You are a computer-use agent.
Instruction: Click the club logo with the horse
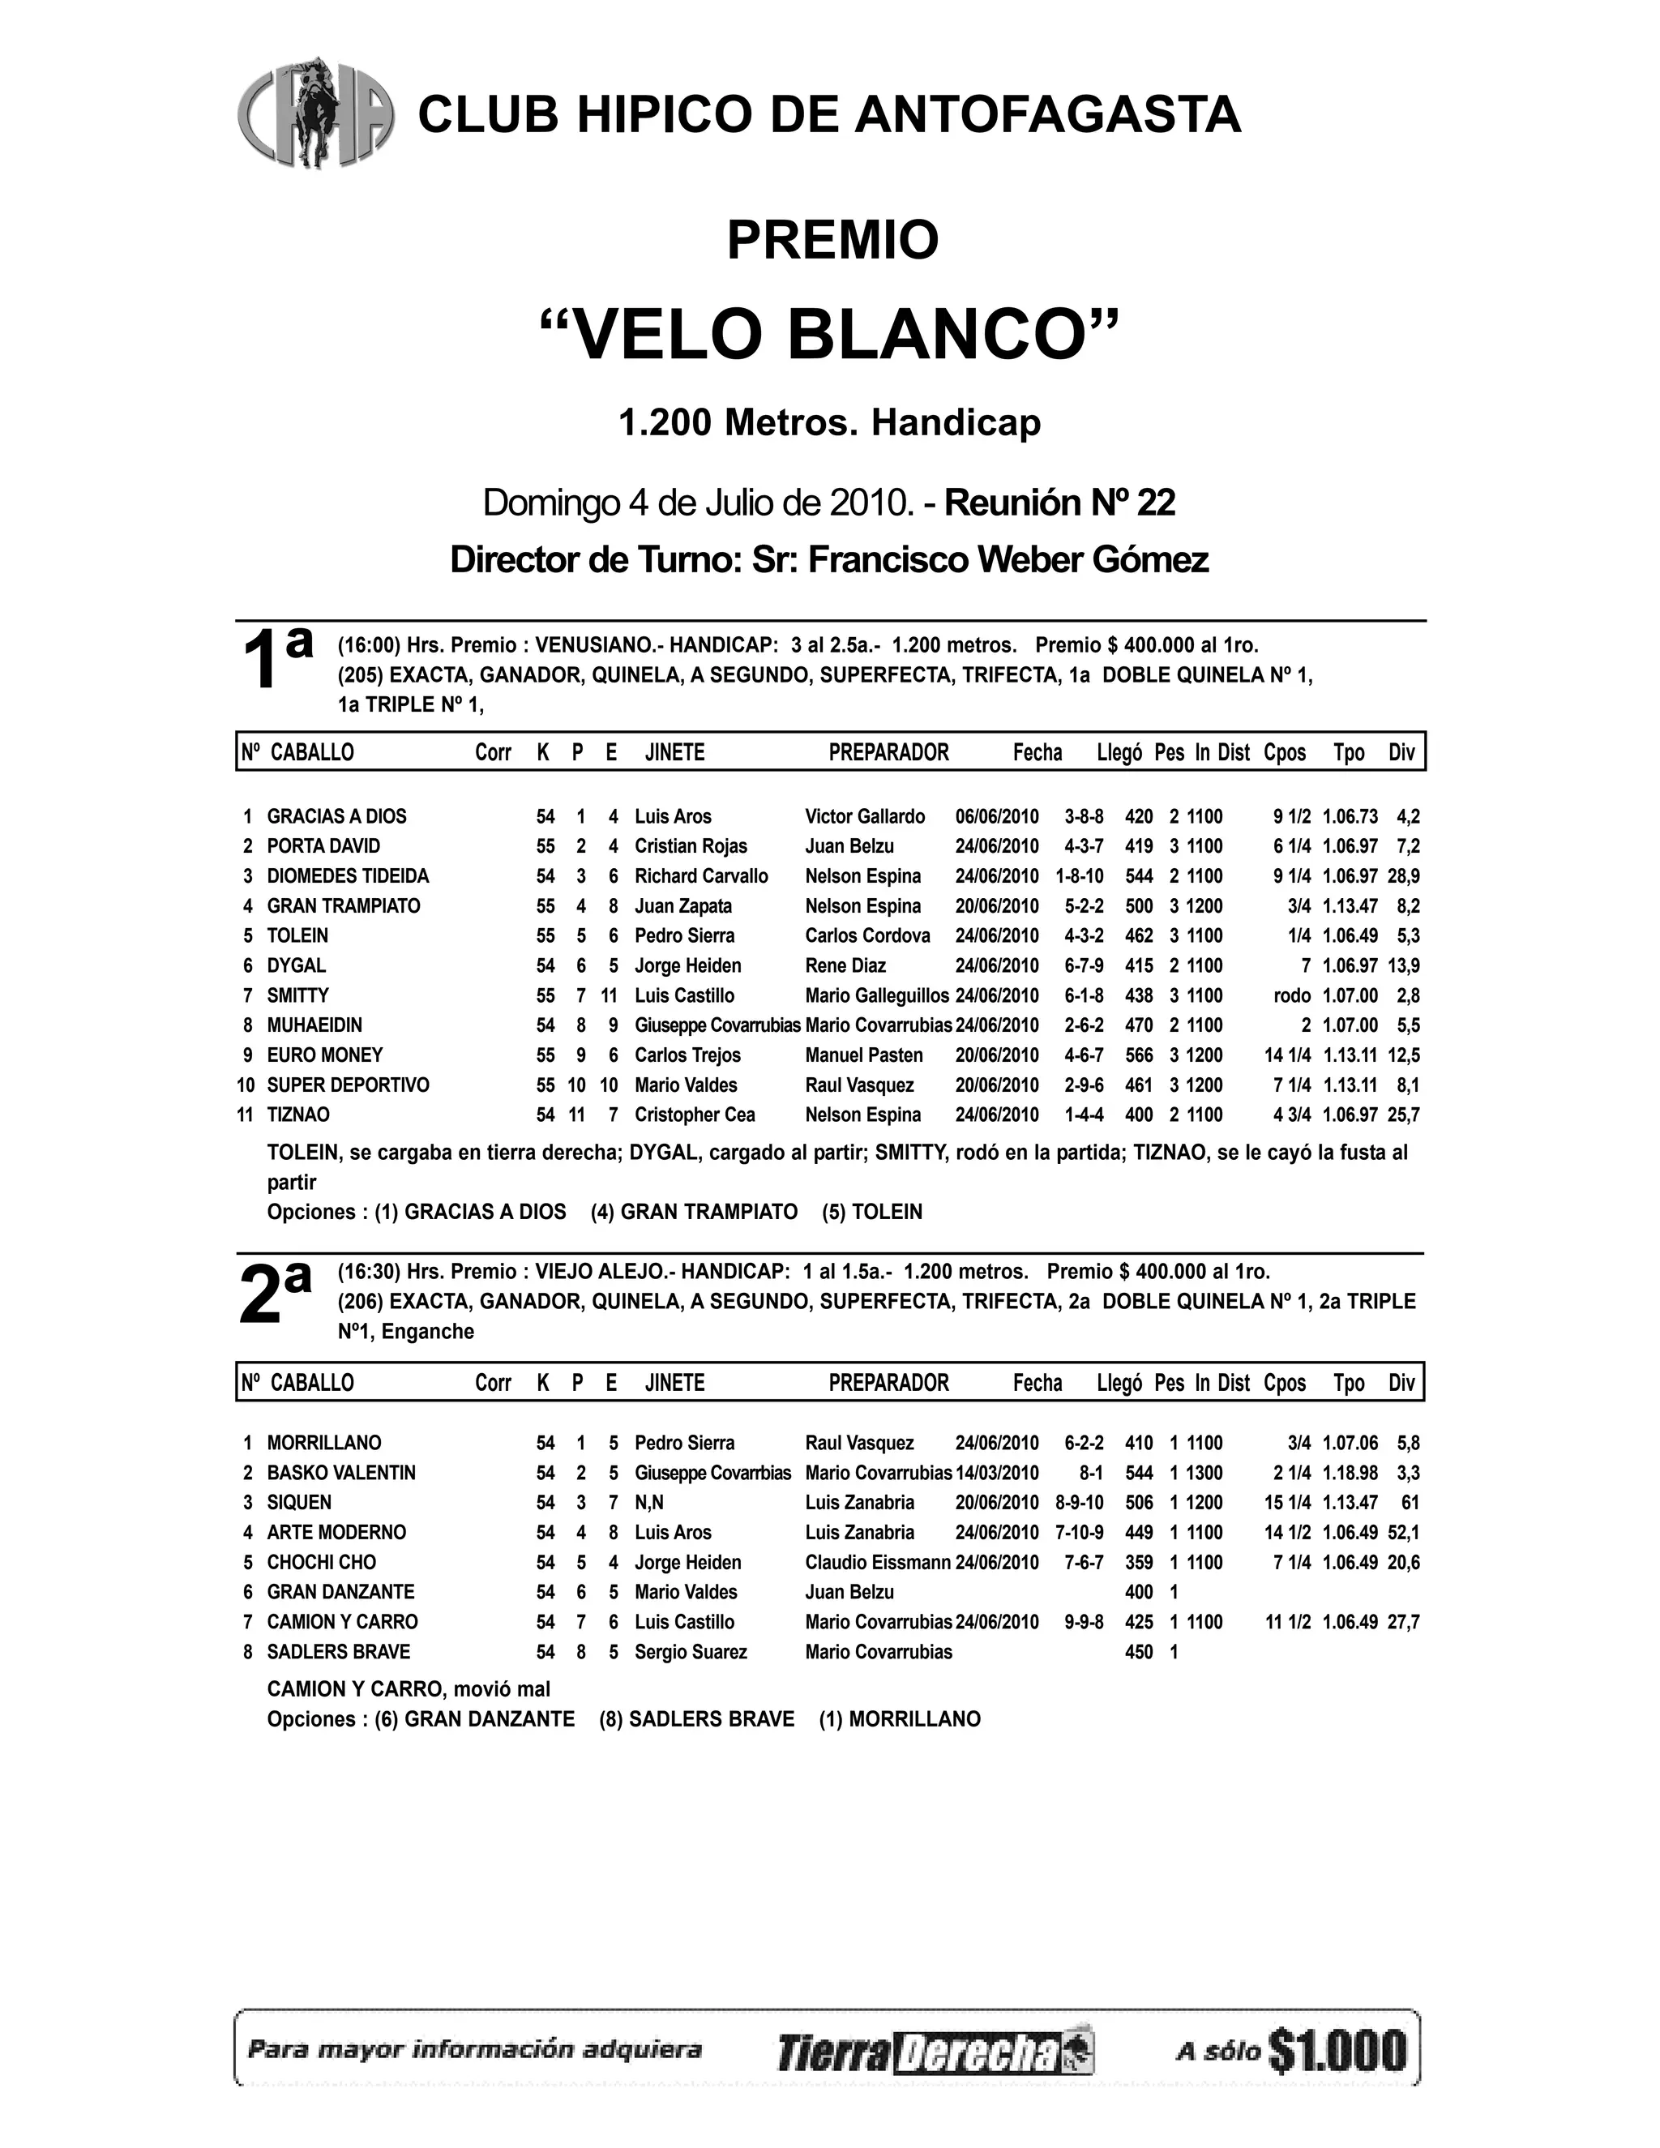click(314, 112)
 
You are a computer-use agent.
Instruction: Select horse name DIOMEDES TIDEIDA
click(348, 876)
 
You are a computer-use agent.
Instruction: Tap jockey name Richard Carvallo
click(701, 876)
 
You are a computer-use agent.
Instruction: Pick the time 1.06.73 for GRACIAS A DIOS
click(1350, 816)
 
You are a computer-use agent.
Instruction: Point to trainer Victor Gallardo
click(864, 816)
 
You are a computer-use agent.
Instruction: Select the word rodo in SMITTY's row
click(1291, 995)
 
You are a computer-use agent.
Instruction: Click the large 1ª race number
click(276, 657)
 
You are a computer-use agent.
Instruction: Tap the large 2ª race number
click(276, 1290)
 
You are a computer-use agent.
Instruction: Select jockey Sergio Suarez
click(691, 1651)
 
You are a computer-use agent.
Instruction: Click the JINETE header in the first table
click(674, 752)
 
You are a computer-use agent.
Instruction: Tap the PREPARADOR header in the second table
click(888, 1383)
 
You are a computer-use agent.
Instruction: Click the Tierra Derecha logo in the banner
click(935, 2052)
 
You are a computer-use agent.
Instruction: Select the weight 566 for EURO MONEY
click(1139, 1055)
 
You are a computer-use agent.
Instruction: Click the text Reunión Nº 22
click(1060, 503)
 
